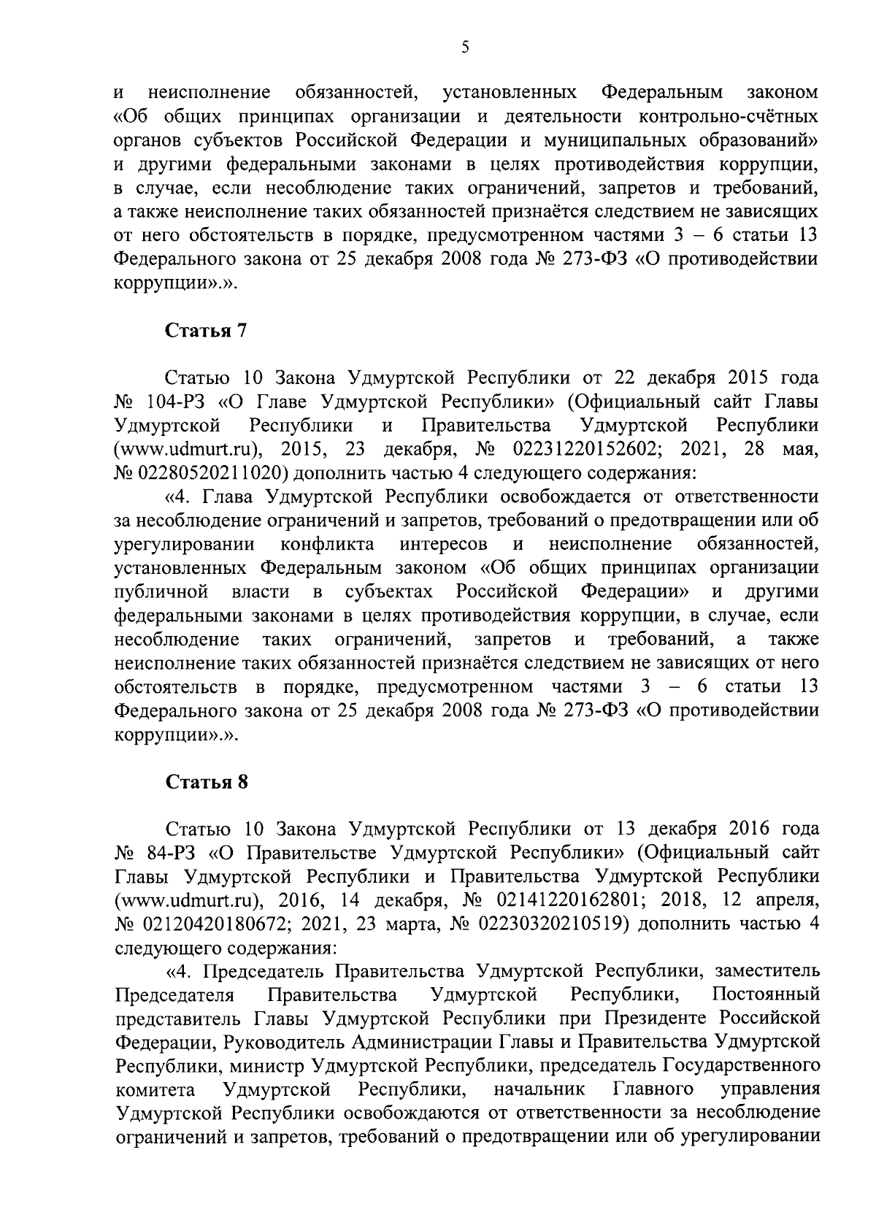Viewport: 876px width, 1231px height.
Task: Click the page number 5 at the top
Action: pyautogui.click(x=465, y=48)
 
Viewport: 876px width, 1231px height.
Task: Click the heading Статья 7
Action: pyautogui.click(x=207, y=331)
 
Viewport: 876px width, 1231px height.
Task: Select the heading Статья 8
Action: pyautogui.click(x=207, y=783)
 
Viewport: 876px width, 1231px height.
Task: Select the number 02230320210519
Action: pyautogui.click(x=551, y=924)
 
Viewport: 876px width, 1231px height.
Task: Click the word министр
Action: pyautogui.click(x=267, y=1065)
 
